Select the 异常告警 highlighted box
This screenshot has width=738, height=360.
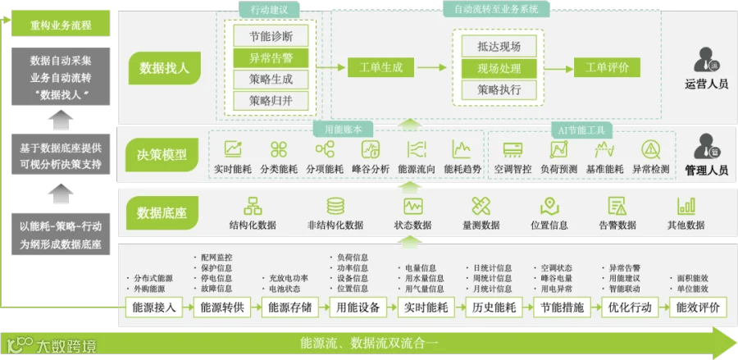270,58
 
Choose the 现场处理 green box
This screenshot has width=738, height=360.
499,68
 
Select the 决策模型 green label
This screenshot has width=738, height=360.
162,153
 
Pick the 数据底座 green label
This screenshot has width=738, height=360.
162,214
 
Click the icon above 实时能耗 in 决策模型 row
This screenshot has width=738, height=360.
234,149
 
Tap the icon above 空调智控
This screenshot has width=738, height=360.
513,149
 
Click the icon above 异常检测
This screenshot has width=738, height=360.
651,149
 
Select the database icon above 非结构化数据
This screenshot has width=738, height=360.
335,206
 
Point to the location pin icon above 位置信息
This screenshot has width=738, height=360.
549,206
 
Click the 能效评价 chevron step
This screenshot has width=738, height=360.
698,308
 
